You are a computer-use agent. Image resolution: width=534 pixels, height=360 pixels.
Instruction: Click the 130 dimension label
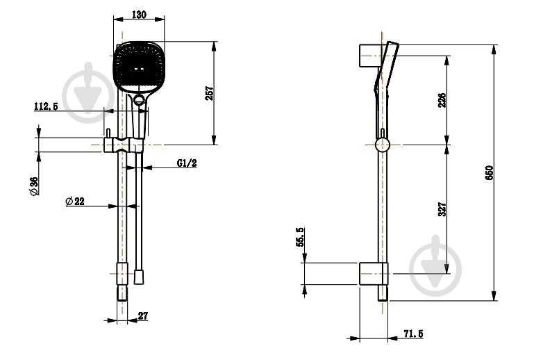139,15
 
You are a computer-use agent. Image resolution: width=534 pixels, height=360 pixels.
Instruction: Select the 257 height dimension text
210,93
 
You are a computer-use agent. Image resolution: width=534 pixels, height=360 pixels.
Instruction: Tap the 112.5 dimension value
46,106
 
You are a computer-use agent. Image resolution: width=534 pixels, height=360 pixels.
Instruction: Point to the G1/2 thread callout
187,163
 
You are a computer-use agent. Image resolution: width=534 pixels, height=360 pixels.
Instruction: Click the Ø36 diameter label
34,186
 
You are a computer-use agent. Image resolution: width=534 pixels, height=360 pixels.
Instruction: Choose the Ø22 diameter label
75,201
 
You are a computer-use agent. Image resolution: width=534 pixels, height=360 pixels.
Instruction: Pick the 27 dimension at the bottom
143,316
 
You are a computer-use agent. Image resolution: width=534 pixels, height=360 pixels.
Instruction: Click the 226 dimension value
442,100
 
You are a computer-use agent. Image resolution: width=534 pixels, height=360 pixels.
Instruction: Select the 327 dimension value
442,209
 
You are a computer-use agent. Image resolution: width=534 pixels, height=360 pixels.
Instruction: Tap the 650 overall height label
489,173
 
